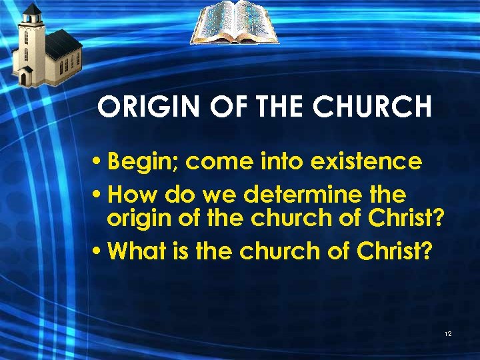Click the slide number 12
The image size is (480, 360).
click(448, 333)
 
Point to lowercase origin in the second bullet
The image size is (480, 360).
click(135, 217)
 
